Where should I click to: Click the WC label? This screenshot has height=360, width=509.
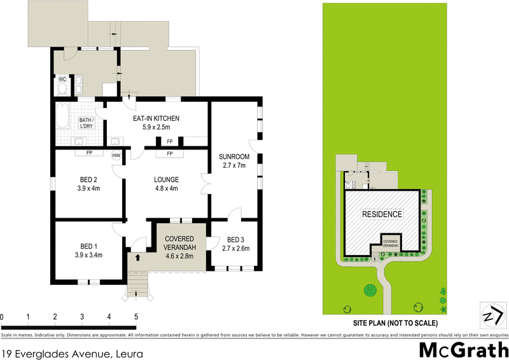click(62, 80)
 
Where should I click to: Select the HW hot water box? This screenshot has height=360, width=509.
click(116, 155)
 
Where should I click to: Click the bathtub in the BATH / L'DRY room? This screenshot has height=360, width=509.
click(62, 116)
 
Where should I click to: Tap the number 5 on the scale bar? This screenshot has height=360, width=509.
click(136, 316)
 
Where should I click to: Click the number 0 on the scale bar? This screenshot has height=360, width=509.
click(2, 316)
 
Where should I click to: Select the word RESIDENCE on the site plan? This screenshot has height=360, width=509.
click(382, 214)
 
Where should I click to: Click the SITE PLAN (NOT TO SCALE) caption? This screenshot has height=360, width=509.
click(395, 323)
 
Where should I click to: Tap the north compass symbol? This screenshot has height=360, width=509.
click(491, 314)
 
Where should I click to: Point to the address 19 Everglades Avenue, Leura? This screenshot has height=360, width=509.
click(72, 352)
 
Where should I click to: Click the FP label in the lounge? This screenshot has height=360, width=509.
click(169, 154)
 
